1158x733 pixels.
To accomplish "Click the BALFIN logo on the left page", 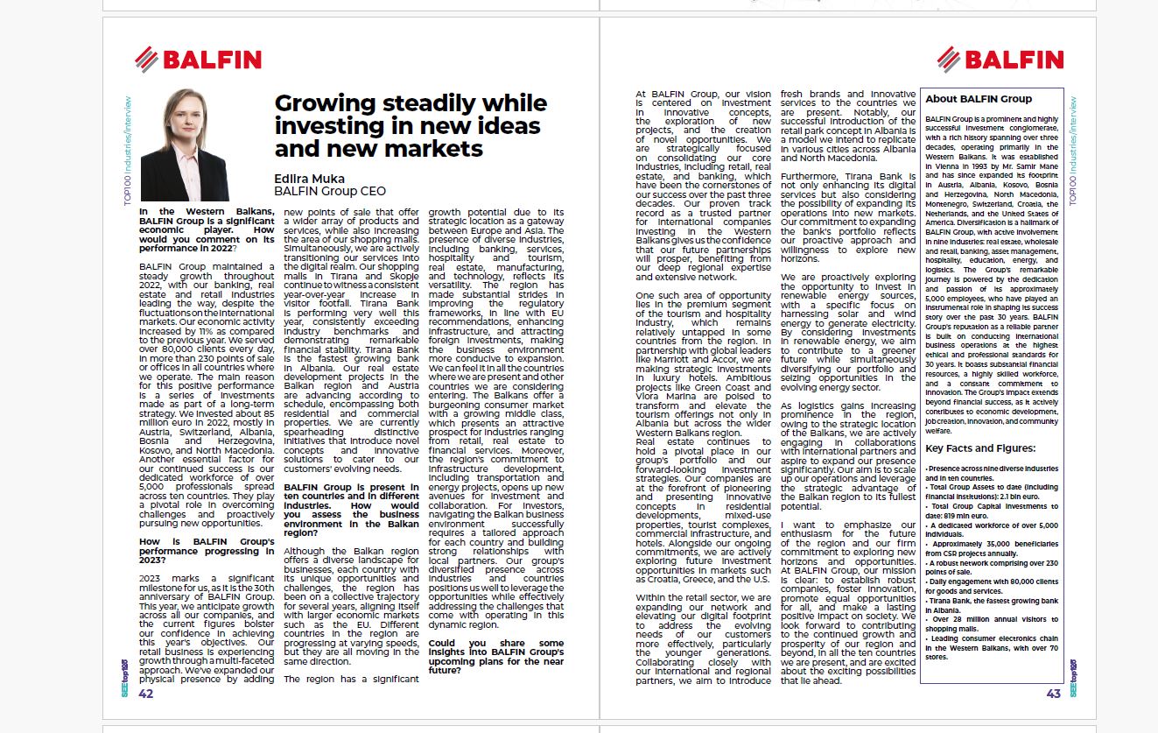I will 199,60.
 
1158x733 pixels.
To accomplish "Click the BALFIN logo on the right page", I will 1000,60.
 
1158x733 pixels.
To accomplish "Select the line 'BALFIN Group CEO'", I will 330,191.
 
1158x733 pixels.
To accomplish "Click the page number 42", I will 146,694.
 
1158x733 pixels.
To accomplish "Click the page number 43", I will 1053,694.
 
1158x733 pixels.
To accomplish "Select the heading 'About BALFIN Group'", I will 979,99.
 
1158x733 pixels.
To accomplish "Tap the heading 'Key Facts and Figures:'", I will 980,449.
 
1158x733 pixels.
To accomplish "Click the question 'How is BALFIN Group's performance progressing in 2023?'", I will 207,551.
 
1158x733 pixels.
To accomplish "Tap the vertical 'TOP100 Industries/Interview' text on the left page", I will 128,150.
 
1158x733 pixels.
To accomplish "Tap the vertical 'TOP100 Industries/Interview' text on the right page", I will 1073,150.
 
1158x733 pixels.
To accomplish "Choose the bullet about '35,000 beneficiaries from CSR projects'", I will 991,549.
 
